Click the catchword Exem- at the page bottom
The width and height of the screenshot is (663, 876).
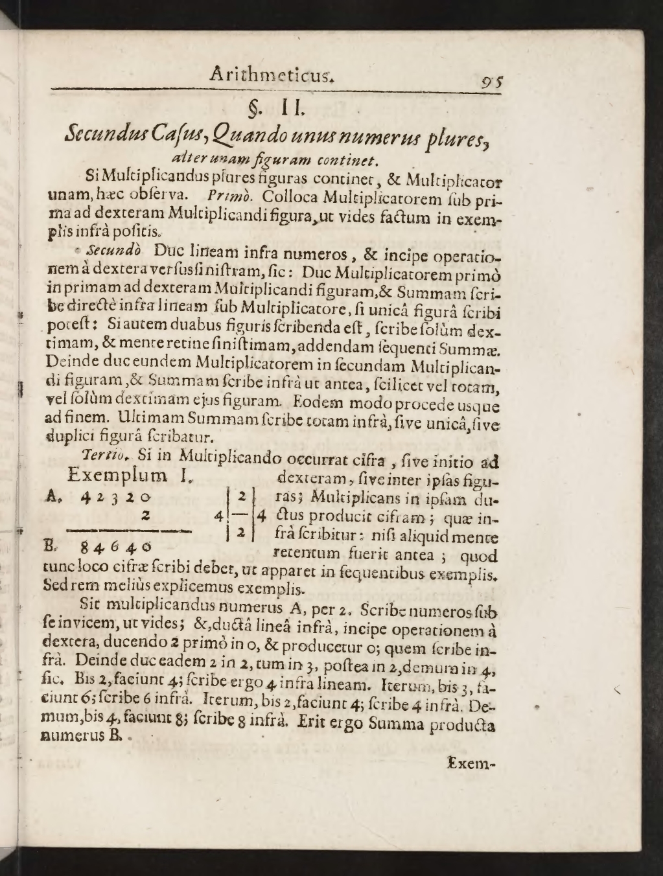coord(471,763)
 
